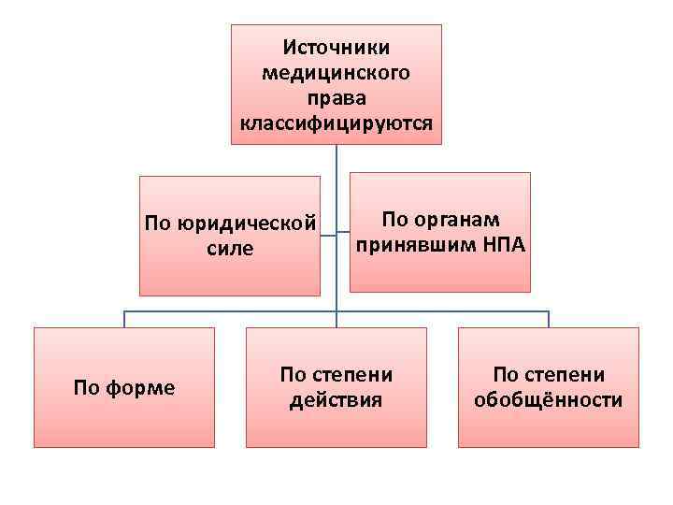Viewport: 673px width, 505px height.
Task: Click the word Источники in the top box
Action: (x=336, y=46)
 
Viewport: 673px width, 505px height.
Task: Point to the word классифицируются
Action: (x=336, y=123)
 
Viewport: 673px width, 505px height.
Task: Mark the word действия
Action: (x=336, y=401)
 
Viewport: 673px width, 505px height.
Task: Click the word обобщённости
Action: (x=549, y=401)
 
